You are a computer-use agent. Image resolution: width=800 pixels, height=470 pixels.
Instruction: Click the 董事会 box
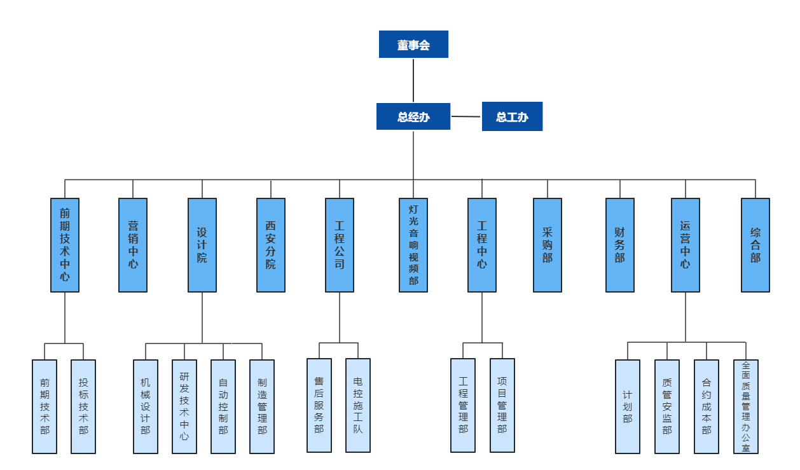click(413, 45)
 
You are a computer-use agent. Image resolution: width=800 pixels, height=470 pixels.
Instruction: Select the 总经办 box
click(413, 116)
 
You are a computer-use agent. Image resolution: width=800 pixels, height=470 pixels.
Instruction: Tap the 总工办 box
click(512, 116)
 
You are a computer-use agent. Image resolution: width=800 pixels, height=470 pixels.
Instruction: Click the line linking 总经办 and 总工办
click(466, 116)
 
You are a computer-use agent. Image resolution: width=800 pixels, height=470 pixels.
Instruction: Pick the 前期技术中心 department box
click(65, 245)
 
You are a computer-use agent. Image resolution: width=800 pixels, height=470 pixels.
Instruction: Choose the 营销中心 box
click(133, 245)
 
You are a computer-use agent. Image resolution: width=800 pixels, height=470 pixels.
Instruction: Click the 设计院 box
click(202, 245)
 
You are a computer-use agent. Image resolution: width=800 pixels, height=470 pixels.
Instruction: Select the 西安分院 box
click(271, 245)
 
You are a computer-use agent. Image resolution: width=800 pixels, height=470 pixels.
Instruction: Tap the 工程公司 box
click(340, 245)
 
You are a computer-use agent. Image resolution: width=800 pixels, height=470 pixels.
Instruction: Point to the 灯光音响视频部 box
click(413, 245)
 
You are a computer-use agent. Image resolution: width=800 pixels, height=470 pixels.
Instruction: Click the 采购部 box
click(548, 245)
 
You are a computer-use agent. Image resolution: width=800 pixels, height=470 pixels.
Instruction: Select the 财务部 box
click(620, 245)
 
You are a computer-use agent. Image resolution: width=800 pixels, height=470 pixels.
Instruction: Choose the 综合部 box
click(755, 245)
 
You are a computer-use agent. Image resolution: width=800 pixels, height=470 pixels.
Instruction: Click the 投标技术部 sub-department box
click(83, 406)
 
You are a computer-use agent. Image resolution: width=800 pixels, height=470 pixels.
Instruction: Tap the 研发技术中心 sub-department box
click(184, 406)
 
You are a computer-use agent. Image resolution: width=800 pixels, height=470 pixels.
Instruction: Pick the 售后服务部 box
click(319, 405)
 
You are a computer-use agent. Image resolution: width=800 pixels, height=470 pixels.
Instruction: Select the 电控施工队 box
click(358, 405)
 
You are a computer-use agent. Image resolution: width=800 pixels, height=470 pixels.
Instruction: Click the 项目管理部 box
click(502, 405)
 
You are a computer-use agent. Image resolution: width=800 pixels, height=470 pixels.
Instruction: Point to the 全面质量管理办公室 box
click(746, 406)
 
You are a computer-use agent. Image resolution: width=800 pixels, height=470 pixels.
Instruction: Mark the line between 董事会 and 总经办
click(413, 80)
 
